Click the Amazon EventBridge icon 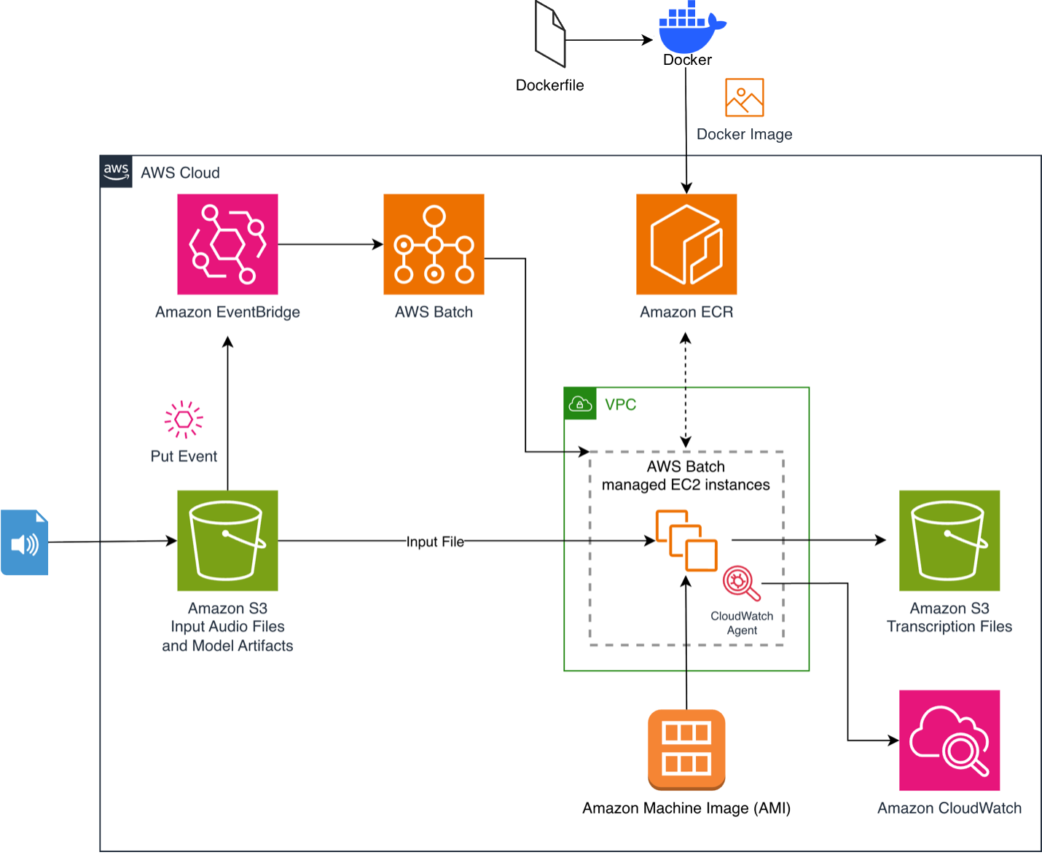click(x=227, y=244)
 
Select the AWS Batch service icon click(x=434, y=244)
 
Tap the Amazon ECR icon click(x=686, y=244)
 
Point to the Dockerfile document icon click(x=550, y=34)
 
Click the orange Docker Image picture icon click(x=744, y=98)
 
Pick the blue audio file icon click(x=25, y=542)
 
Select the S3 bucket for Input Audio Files click(x=227, y=540)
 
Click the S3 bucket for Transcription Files click(x=949, y=540)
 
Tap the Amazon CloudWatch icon click(x=949, y=740)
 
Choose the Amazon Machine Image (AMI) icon click(x=686, y=749)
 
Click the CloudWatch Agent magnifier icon click(x=740, y=583)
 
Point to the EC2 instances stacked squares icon click(x=686, y=540)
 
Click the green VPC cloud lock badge click(x=580, y=404)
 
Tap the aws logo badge click(x=116, y=172)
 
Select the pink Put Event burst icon click(x=184, y=419)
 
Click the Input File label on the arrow click(x=435, y=542)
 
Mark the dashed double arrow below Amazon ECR click(x=686, y=390)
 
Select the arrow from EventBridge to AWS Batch click(x=330, y=244)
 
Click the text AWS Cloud click(x=180, y=173)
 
